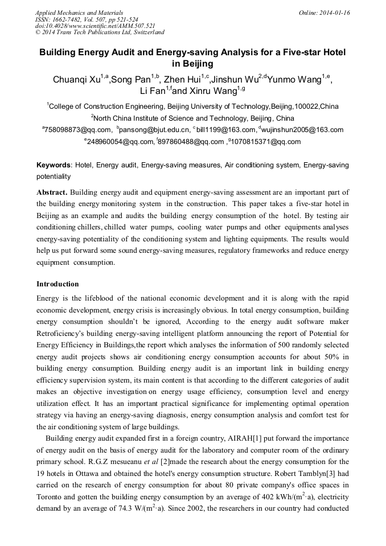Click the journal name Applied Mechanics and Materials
coord(79,13)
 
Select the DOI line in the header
coord(95,26)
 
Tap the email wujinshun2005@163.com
coord(304,130)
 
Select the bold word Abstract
coord(52,192)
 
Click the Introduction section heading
coord(58,284)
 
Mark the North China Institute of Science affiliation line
coord(192,118)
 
